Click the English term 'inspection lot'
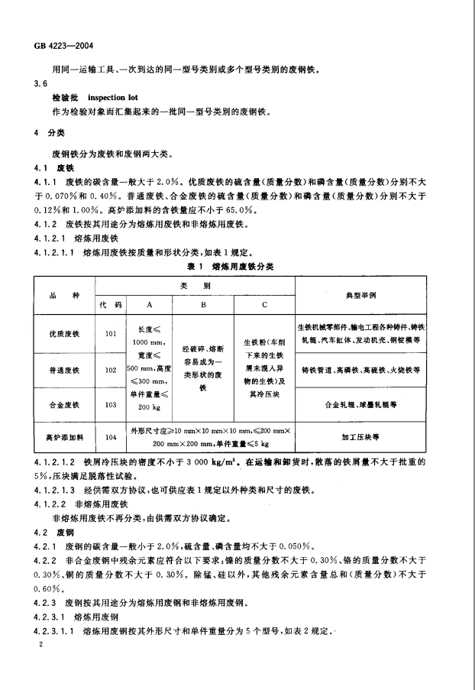[111, 99]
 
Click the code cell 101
[111, 333]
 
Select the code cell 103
[111, 403]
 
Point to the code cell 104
[111, 437]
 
